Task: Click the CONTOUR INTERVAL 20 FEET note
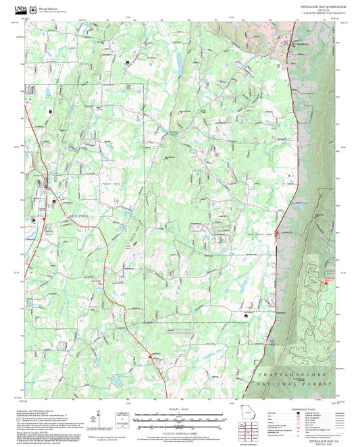pos(180,425)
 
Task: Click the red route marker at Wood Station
pos(276,232)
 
